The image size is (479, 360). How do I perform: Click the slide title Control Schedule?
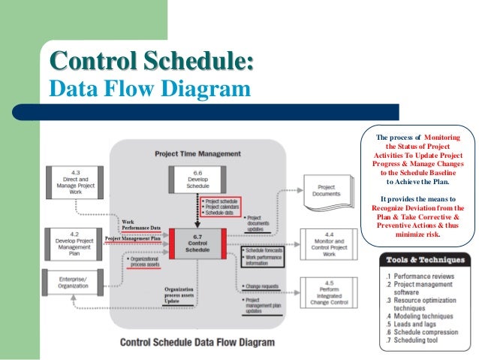coord(150,60)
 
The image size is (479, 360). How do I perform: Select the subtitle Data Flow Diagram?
coord(149,90)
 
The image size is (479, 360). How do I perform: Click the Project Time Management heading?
coord(198,153)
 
